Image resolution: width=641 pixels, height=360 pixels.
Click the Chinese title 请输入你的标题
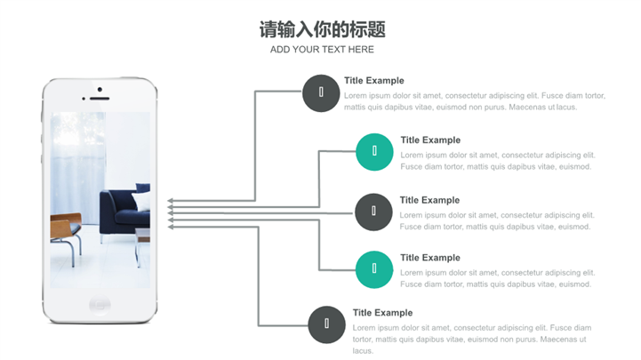pos(322,29)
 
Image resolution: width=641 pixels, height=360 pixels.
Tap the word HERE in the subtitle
pos(361,50)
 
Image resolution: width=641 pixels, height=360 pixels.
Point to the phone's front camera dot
pos(100,90)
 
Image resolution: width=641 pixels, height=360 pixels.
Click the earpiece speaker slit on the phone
pos(100,99)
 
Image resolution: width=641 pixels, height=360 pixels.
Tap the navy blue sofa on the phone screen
pos(124,211)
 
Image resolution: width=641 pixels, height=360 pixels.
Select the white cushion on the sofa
pos(141,201)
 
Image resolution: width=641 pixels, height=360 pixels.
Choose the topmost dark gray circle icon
pos(321,93)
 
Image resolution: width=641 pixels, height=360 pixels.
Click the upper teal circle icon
pos(374,152)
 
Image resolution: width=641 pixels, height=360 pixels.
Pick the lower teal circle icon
pos(374,269)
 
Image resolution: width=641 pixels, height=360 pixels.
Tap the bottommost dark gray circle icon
pos(326,324)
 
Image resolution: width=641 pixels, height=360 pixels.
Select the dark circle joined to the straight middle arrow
pos(373,212)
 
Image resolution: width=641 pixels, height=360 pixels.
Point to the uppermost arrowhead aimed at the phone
pos(171,201)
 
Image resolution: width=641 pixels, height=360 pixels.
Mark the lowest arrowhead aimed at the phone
pos(171,227)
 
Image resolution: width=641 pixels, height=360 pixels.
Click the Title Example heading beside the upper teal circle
pos(430,140)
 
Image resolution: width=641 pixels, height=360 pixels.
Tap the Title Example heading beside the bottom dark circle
pos(382,313)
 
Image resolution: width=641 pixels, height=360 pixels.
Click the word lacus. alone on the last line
pos(363,350)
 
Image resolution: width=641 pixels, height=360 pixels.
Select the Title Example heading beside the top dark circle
pos(374,81)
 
